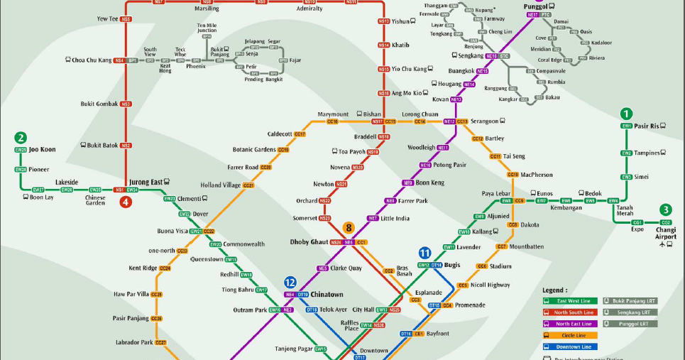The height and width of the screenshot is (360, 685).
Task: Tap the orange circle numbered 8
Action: pyautogui.click(x=349, y=228)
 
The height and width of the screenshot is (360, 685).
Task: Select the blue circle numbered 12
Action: pyautogui.click(x=290, y=282)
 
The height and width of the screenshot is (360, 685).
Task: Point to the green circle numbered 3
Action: pyautogui.click(x=665, y=209)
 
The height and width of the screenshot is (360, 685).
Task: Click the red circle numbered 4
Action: pyautogui.click(x=126, y=202)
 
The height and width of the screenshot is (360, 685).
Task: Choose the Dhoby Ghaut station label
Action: pyautogui.click(x=309, y=242)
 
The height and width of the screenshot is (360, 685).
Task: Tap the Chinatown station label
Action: pyautogui.click(x=327, y=294)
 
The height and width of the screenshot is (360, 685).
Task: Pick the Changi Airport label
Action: pyautogui.click(x=666, y=233)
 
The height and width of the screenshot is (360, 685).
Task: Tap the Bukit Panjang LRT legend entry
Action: pyautogui.click(x=630, y=300)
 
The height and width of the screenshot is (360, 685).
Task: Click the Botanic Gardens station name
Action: pyautogui.click(x=254, y=150)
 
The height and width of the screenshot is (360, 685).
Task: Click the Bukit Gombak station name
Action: pyautogui.click(x=99, y=104)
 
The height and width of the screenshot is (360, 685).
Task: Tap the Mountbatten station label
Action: pyautogui.click(x=526, y=246)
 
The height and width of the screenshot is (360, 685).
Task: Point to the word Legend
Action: pyautogui.click(x=555, y=290)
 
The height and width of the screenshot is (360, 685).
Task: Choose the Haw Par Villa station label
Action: pyautogui.click(x=131, y=294)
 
